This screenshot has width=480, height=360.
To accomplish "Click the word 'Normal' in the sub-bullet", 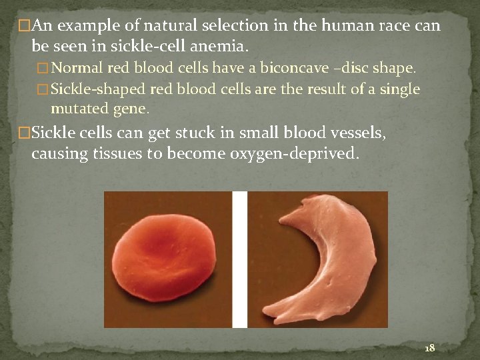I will pos(75,68).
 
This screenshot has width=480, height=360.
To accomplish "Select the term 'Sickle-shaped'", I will pos(99,89).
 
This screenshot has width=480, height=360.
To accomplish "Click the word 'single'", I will pos(399,89).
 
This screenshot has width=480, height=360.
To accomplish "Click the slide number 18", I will pos(429,347).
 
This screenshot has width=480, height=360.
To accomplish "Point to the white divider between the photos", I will pos(239,259).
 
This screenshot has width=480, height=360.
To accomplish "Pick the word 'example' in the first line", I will pos(87,26).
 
